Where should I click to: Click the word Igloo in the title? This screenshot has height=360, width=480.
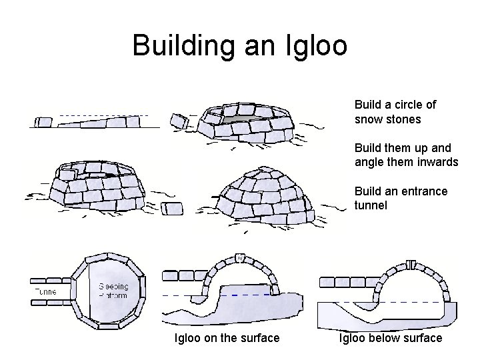coord(313,45)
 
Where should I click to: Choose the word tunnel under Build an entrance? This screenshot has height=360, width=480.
coord(371,206)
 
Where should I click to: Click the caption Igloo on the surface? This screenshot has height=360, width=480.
coord(227,338)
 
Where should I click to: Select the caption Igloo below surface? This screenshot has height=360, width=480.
coord(391,338)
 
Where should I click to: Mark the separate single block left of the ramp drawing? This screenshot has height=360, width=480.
coord(44,121)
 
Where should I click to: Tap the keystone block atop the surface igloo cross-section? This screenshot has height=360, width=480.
coord(240,258)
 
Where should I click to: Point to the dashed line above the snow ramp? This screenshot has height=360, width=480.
coord(100,115)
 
